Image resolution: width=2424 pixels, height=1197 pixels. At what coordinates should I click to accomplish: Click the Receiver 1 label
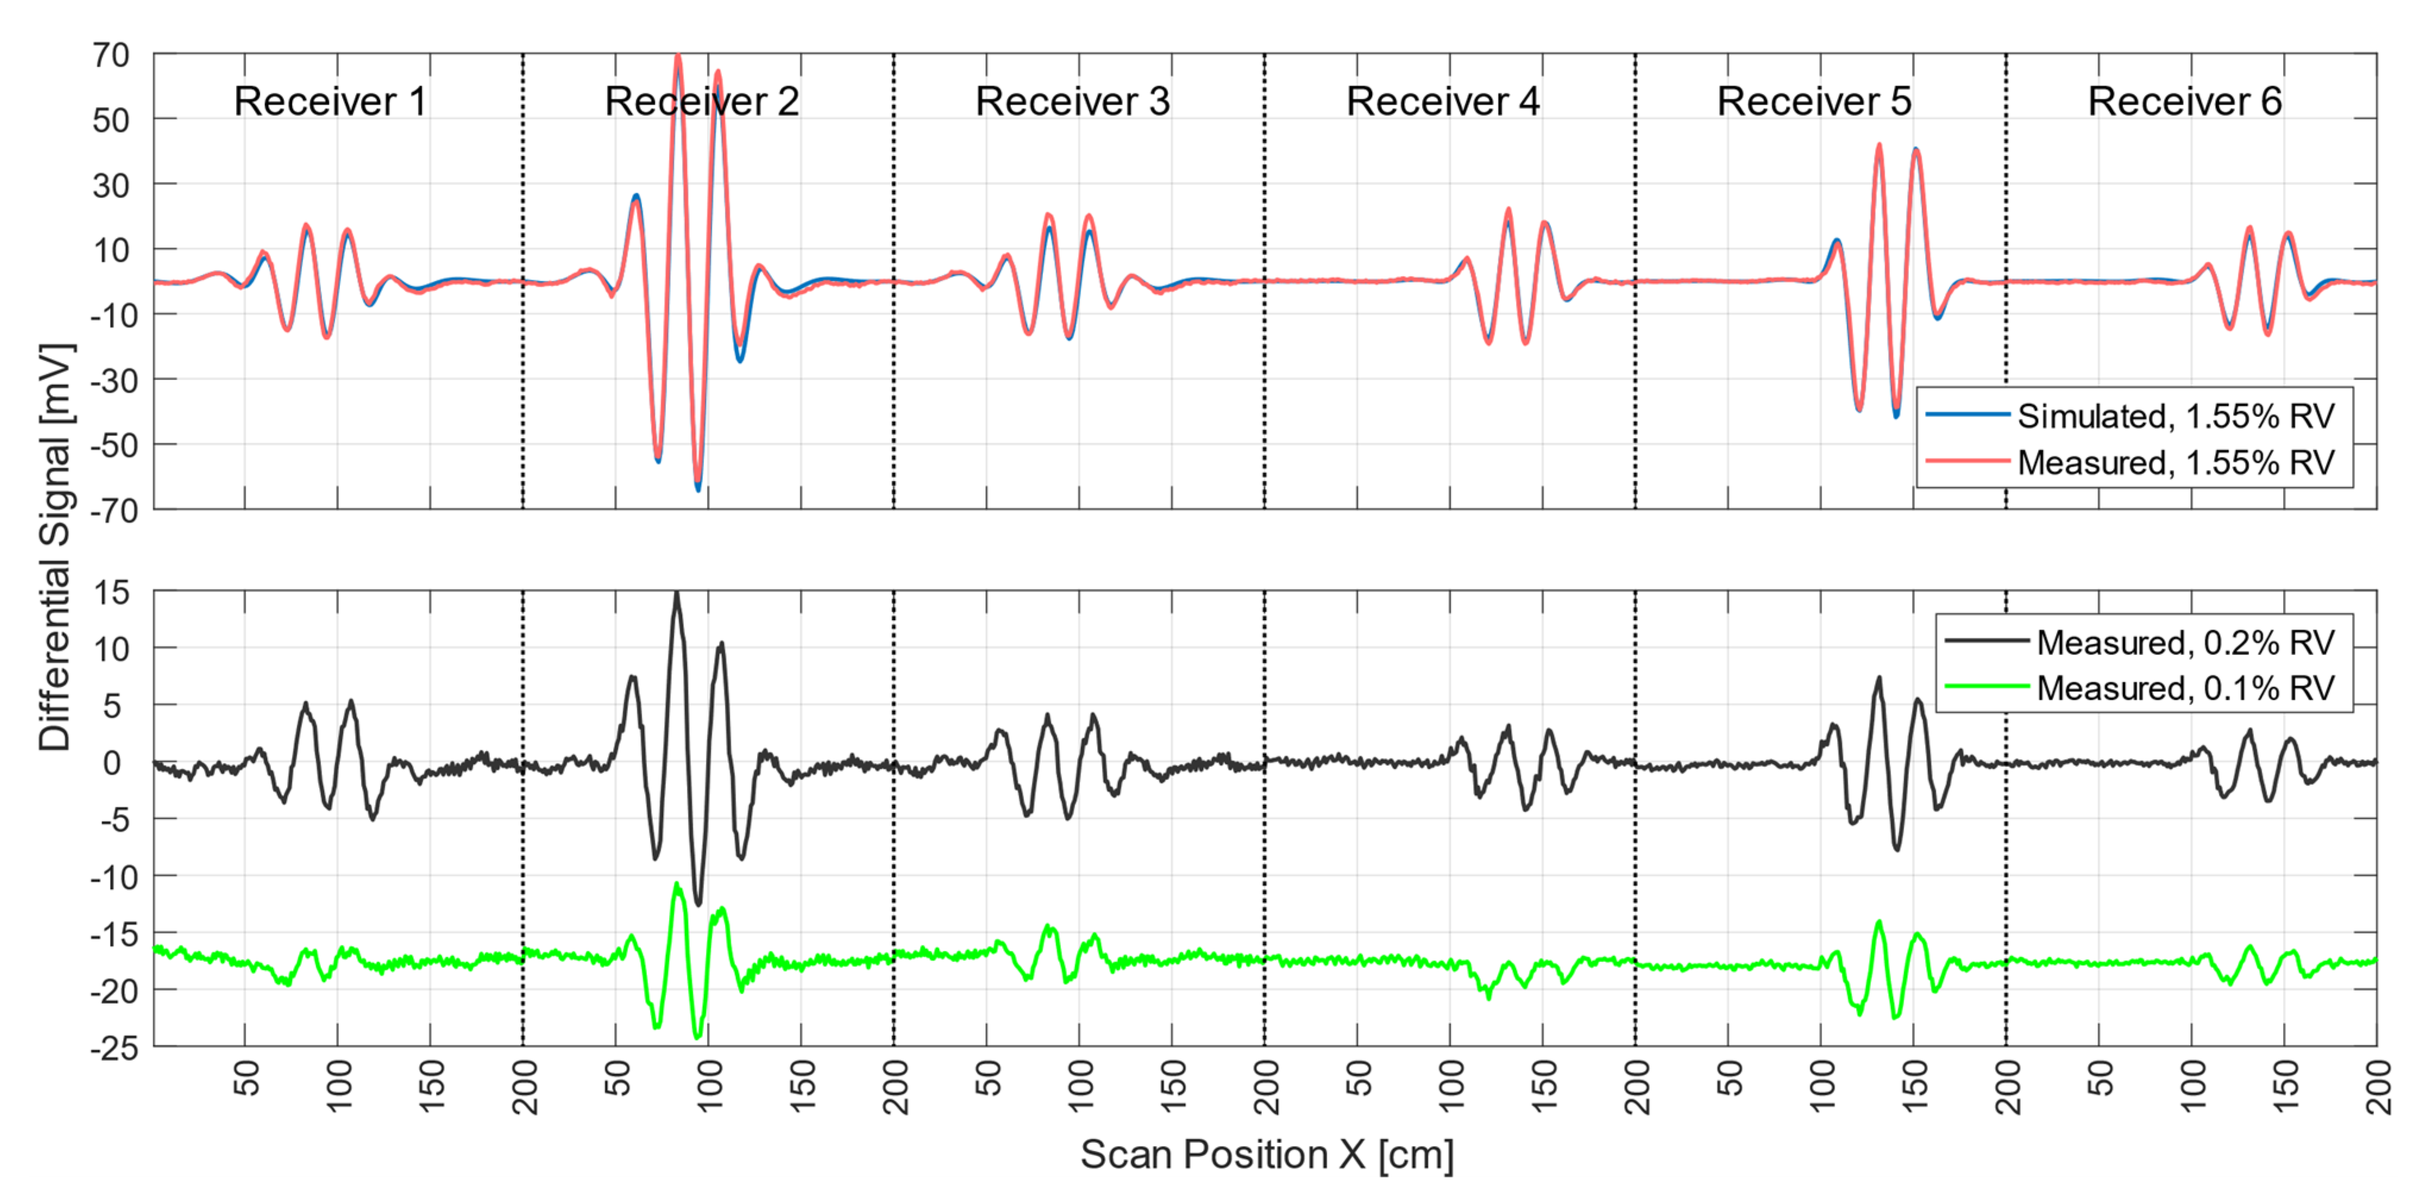click(329, 102)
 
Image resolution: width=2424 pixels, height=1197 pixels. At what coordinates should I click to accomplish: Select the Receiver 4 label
click(1443, 102)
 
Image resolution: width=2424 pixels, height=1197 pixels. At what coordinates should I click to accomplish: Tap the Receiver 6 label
click(2184, 102)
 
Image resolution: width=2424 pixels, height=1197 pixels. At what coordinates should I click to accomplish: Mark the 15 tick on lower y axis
click(111, 593)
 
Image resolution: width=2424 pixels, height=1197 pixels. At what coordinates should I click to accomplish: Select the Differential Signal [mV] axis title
click(55, 546)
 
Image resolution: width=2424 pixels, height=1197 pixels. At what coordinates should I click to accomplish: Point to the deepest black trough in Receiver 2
click(697, 903)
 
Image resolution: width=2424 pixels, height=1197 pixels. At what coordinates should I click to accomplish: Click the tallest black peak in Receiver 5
click(1878, 678)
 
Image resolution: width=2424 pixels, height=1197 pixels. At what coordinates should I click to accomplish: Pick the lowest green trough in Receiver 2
click(697, 1037)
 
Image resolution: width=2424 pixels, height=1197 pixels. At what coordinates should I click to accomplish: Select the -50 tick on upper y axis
click(114, 445)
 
